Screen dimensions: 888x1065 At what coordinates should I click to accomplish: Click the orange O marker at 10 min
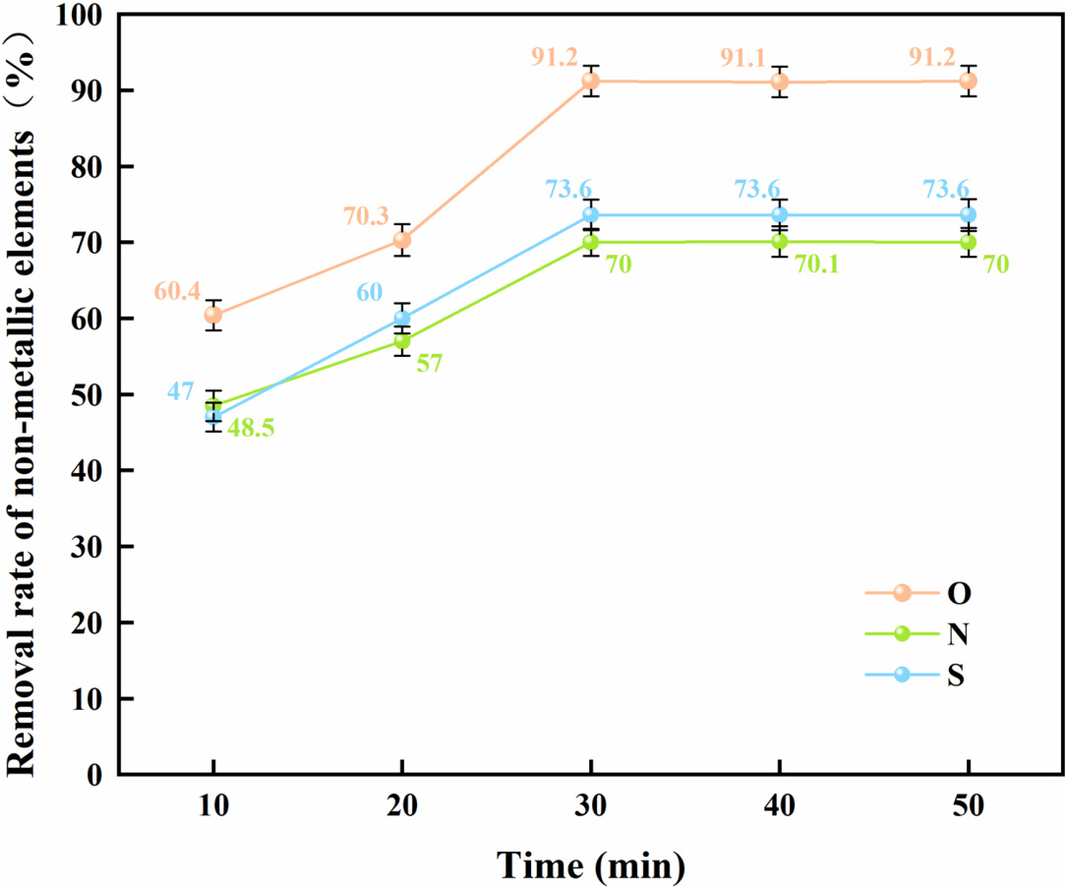pos(213,315)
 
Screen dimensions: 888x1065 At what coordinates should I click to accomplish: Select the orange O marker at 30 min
pos(591,81)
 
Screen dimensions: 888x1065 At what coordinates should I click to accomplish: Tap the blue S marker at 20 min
pos(402,318)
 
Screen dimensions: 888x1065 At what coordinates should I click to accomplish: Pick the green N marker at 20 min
pos(402,341)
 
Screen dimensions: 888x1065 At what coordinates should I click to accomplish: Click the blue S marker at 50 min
pos(969,214)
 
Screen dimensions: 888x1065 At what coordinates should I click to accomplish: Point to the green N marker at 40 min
pos(780,241)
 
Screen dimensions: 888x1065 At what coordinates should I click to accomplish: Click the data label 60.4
pos(176,292)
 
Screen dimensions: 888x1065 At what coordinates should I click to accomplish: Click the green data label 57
pos(429,363)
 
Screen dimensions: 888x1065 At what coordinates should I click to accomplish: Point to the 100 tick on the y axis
pos(86,16)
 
